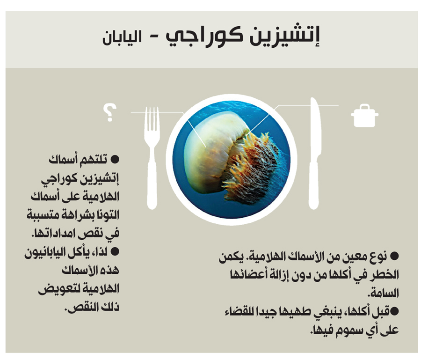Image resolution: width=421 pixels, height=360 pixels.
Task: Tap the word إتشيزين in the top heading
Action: pos(285,37)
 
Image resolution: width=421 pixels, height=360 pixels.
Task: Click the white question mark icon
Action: pos(110,113)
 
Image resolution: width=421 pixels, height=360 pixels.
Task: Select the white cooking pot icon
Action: pos(364,116)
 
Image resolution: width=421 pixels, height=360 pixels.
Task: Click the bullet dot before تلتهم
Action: pos(115,160)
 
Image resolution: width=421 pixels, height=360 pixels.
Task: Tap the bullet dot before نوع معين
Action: pos(394,256)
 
